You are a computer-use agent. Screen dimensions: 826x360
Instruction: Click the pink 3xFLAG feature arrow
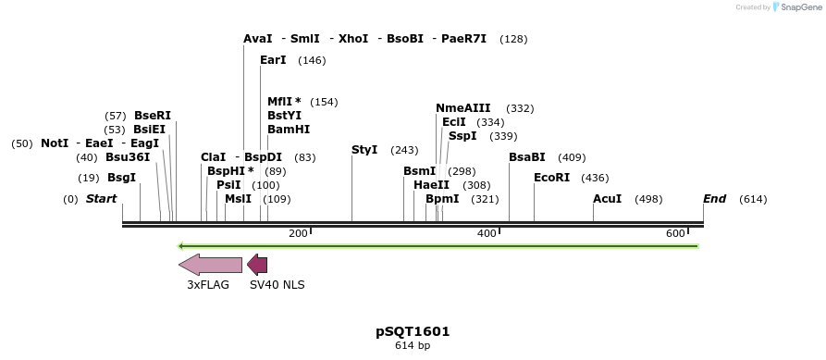click(x=210, y=266)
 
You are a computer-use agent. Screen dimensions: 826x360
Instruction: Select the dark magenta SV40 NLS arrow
click(x=257, y=266)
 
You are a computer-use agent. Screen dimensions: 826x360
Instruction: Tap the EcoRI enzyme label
click(x=552, y=178)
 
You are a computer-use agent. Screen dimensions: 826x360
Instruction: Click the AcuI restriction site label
click(x=607, y=199)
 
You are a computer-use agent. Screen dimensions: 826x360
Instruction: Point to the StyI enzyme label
click(x=364, y=150)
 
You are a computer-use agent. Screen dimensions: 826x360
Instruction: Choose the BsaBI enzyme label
click(x=527, y=157)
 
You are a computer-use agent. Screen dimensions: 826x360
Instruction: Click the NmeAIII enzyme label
click(x=463, y=108)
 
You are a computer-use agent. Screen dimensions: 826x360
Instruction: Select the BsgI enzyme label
click(x=121, y=178)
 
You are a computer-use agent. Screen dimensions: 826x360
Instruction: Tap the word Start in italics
click(x=102, y=199)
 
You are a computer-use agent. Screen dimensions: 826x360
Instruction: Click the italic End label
click(x=714, y=199)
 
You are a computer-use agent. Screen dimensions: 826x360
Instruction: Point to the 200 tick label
click(x=298, y=233)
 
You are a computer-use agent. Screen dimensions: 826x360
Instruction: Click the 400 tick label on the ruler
click(x=487, y=233)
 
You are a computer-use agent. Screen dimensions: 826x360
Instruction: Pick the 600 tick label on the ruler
click(x=675, y=233)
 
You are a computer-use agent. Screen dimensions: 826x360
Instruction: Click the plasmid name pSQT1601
click(x=413, y=331)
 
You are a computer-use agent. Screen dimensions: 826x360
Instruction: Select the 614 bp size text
click(x=413, y=346)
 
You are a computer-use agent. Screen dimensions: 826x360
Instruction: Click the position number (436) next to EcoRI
click(x=595, y=178)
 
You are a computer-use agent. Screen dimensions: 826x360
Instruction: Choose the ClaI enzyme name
click(x=214, y=157)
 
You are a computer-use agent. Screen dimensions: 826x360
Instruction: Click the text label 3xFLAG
click(x=208, y=285)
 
